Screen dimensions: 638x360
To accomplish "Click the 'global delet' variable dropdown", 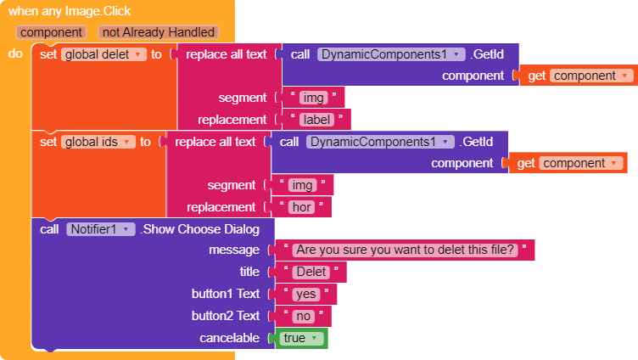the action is click(104, 54).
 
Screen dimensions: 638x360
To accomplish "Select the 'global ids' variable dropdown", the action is click(98, 142).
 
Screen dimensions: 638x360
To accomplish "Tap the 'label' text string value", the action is click(316, 120).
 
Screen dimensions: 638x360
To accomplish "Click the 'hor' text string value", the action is click(301, 207).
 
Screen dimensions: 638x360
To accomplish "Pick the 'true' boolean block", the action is click(301, 339).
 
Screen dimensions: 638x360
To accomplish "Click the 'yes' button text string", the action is click(306, 294).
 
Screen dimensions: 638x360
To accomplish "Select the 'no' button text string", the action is click(304, 316).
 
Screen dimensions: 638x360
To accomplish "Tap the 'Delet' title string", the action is click(311, 272).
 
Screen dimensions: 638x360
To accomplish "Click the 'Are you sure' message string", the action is click(406, 250).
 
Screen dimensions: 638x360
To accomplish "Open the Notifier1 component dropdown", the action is click(100, 229).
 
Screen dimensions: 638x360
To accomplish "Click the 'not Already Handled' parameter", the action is click(159, 32).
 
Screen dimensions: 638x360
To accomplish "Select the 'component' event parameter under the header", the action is click(51, 32).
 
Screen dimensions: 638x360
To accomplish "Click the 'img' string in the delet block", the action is click(313, 98).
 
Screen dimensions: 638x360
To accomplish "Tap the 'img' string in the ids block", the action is click(302, 185).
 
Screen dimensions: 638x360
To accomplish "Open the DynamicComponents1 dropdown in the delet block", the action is click(391, 54).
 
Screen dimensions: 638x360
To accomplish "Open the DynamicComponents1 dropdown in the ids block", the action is click(380, 142).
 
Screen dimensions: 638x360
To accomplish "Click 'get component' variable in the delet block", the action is click(579, 76).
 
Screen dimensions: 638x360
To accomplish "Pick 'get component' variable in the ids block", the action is click(568, 163).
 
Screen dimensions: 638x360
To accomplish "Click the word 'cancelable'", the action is click(229, 338).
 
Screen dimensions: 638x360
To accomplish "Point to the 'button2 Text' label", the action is click(226, 316).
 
